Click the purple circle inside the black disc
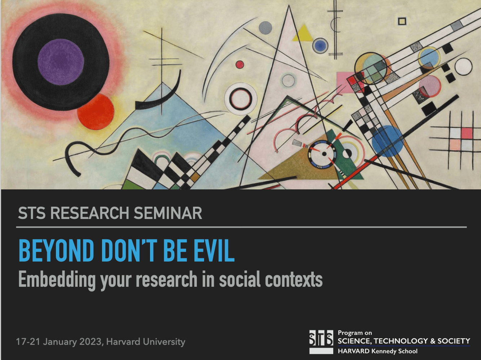coord(61,62)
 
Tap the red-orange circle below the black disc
coord(96,112)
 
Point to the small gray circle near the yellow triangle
coord(265,28)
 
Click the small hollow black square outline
coord(402,21)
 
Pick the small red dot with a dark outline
coord(240,65)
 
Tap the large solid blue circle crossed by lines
coord(388,141)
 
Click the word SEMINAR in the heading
coord(168,213)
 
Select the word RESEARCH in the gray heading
coord(90,213)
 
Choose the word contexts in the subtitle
coord(294,280)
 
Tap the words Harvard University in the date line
coord(146,342)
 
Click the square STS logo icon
coord(321,342)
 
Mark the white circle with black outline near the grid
coord(463,66)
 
